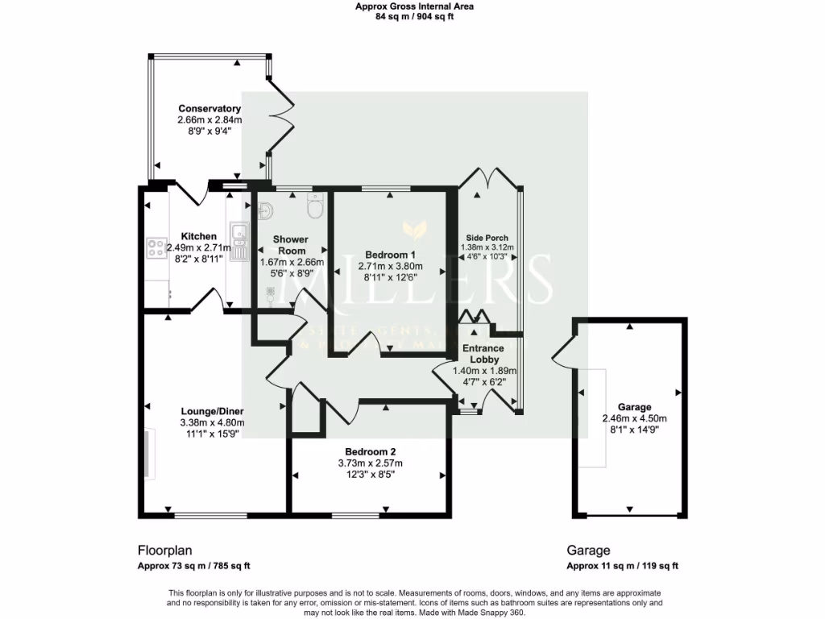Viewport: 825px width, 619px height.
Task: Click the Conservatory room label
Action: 209,109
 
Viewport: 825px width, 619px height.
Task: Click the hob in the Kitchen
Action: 154,247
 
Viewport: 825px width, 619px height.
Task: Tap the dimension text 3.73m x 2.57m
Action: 370,463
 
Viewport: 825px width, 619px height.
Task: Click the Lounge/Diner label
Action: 212,411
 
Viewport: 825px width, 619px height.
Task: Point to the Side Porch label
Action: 487,239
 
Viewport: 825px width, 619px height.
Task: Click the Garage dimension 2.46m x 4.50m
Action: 634,418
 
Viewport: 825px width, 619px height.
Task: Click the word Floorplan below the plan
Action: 164,551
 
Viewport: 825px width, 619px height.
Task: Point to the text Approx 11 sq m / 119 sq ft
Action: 622,566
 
